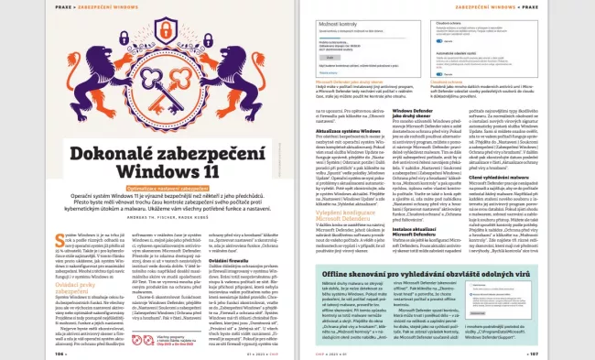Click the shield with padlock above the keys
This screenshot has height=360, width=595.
[x=148, y=50]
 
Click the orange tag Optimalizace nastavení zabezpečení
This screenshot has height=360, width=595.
[x=148, y=189]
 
